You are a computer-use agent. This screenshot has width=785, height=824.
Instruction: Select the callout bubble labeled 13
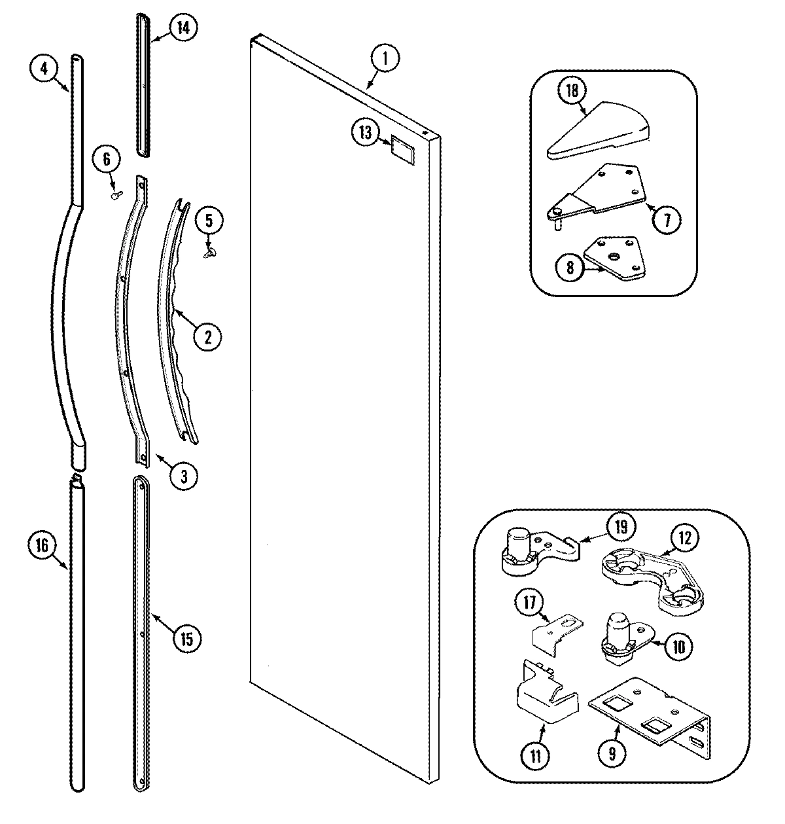point(364,133)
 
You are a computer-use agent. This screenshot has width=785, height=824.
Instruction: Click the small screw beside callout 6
point(116,194)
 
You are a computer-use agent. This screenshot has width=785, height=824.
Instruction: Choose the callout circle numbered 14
point(183,27)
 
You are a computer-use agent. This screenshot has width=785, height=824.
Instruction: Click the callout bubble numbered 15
point(187,639)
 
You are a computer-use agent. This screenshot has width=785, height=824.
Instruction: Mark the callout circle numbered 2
point(207,337)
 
